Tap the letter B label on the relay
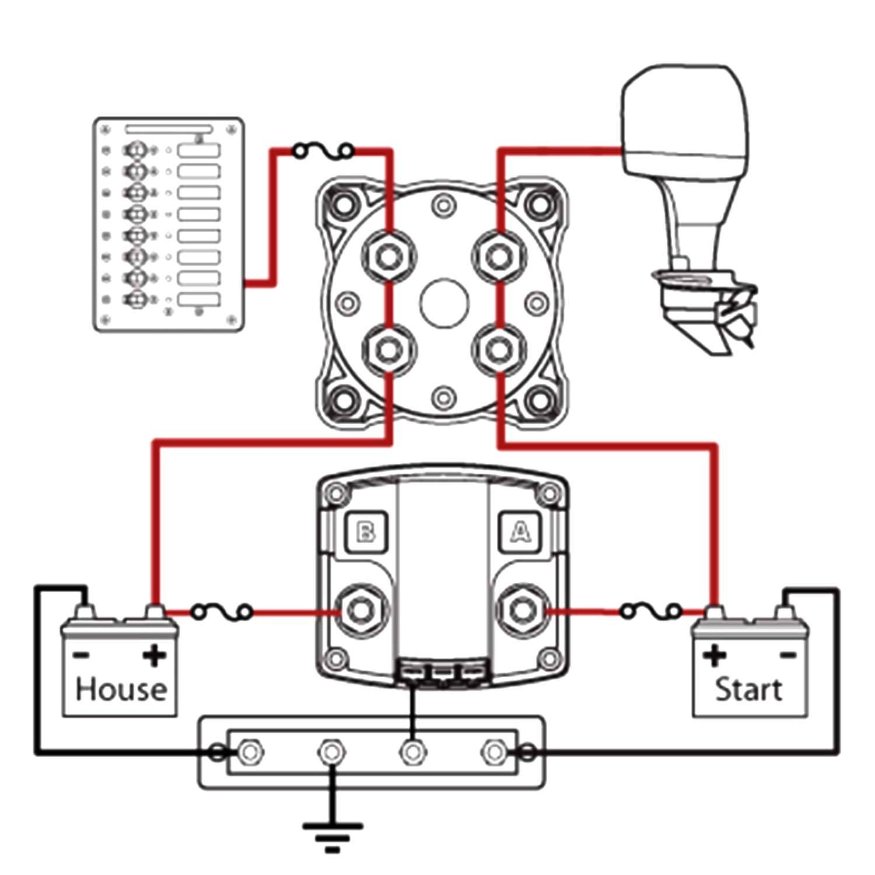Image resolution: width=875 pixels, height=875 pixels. (366, 532)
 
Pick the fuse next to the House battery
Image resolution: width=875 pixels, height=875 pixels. (222, 612)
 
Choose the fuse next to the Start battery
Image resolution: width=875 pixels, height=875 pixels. (650, 611)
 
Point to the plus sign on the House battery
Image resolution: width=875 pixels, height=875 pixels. (154, 656)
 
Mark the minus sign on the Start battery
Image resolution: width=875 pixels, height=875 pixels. (787, 656)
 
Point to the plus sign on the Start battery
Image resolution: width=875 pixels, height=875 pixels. (714, 656)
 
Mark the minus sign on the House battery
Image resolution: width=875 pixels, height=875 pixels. (82, 656)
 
